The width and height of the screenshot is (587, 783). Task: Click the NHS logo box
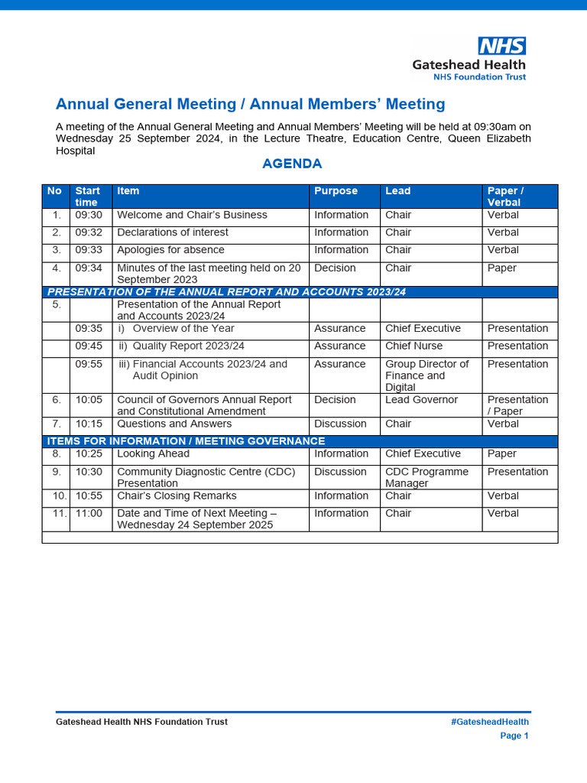pyautogui.click(x=501, y=46)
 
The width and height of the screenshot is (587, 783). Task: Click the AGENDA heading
pyautogui.click(x=292, y=164)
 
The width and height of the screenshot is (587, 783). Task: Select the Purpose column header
pyautogui.click(x=336, y=191)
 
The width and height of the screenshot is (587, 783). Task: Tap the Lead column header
pyautogui.click(x=397, y=191)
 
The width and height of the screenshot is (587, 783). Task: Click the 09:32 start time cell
pyautogui.click(x=89, y=232)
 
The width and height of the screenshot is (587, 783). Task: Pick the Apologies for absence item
pyautogui.click(x=170, y=250)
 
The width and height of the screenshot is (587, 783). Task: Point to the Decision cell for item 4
pyautogui.click(x=335, y=268)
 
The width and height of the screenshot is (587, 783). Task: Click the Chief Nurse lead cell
pyautogui.click(x=413, y=346)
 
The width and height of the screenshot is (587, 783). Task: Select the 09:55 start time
pyautogui.click(x=89, y=365)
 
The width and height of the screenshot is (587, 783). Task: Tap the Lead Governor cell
pyautogui.click(x=421, y=400)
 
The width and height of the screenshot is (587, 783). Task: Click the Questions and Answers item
pyautogui.click(x=174, y=424)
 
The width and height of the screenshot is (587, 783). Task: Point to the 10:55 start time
pyautogui.click(x=89, y=496)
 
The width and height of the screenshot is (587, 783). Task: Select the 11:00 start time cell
pyautogui.click(x=89, y=514)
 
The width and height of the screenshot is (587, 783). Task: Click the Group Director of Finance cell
pyautogui.click(x=426, y=375)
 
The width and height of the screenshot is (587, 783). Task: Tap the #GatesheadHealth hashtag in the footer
pyautogui.click(x=490, y=722)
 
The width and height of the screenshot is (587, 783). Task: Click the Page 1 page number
pyautogui.click(x=514, y=736)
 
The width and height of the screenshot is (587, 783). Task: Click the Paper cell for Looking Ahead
pyautogui.click(x=501, y=454)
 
